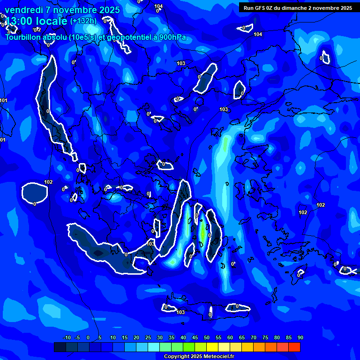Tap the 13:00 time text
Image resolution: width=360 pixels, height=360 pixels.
click(18, 21)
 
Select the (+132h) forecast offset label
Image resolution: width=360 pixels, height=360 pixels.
click(83, 21)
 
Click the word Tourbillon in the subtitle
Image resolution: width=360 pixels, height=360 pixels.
click(26, 37)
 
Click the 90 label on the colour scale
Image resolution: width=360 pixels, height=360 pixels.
click(300, 338)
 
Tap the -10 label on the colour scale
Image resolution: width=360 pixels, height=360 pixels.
click(67, 338)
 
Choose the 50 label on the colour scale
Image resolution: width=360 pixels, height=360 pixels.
click(207, 338)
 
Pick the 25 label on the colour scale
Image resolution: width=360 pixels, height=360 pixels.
click(148, 338)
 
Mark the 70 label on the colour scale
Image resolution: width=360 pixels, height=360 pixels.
click(254, 338)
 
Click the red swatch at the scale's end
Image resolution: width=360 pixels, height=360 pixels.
click(294, 347)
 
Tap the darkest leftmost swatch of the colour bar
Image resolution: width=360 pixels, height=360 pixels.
click(60, 347)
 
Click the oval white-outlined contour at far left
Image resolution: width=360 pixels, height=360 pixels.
click(35, 192)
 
